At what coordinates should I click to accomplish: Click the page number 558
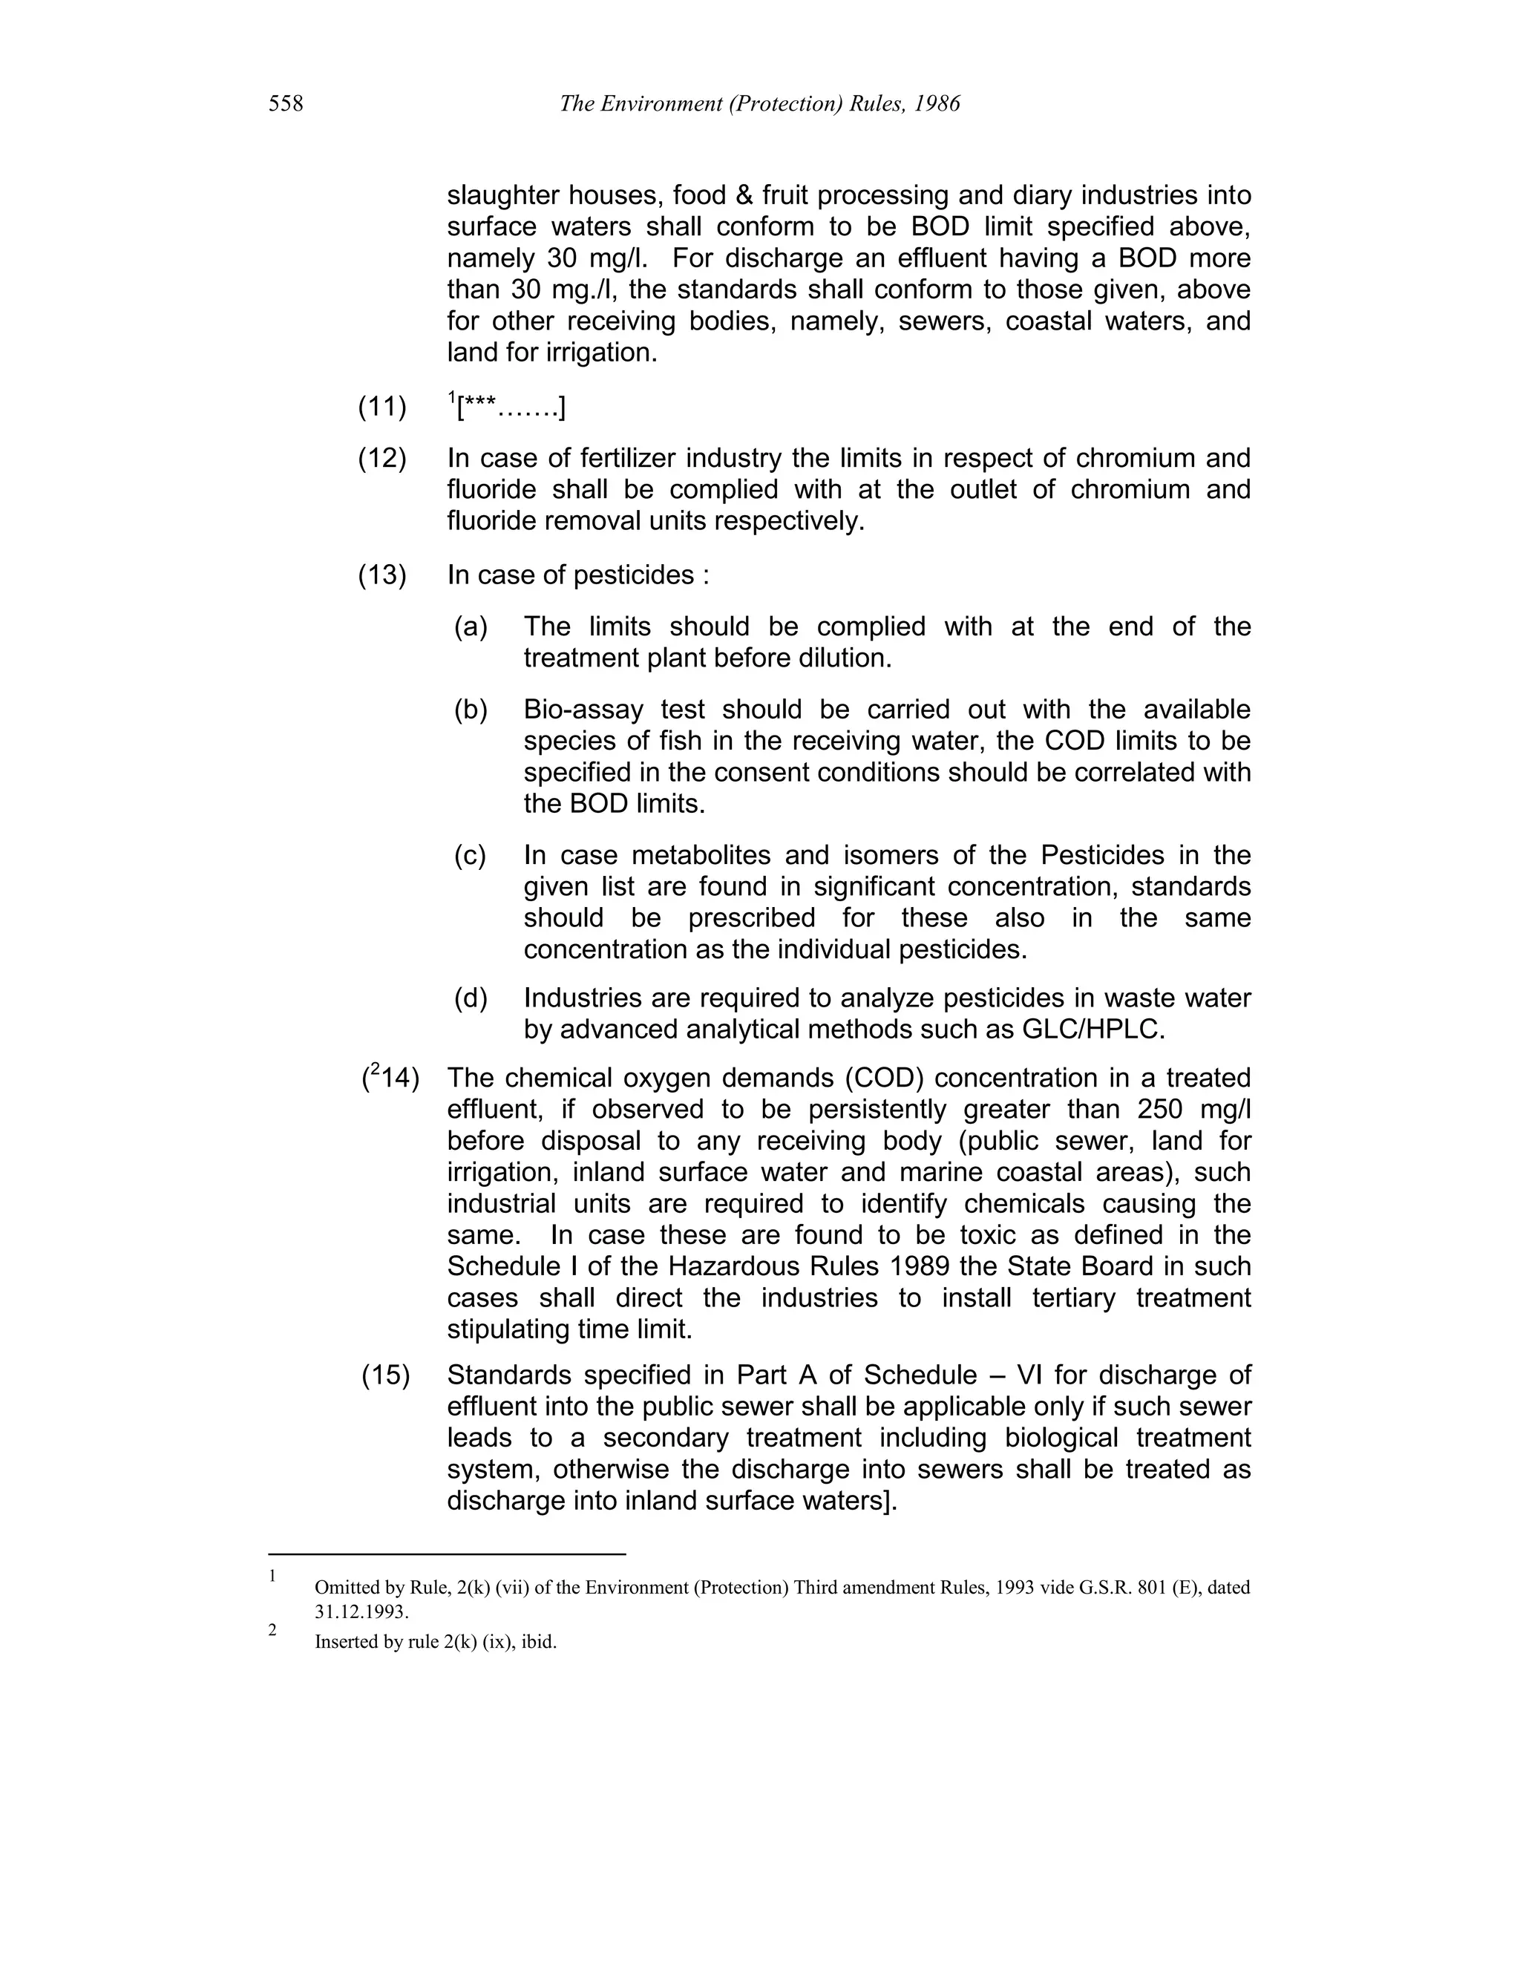pos(286,105)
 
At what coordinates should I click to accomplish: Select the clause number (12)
pos(383,459)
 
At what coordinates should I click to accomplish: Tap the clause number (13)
pos(383,575)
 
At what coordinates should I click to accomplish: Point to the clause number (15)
pos(385,1375)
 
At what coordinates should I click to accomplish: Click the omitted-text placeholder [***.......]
pos(511,409)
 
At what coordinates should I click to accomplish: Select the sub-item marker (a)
pos(470,627)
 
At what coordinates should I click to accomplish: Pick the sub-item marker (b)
pos(470,710)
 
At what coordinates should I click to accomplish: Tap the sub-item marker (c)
pos(469,856)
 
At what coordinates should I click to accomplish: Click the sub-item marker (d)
pos(470,998)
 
